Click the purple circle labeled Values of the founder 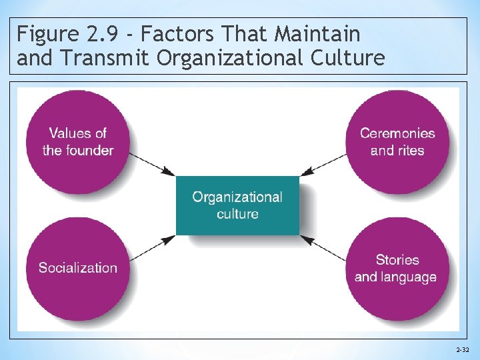click(x=77, y=141)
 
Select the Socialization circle click(x=77, y=268)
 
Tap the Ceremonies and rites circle click(x=397, y=141)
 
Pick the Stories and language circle click(x=397, y=268)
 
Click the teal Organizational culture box click(x=237, y=205)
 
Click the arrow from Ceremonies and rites click(x=323, y=164)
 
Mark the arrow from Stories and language click(x=323, y=247)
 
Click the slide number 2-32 click(x=461, y=349)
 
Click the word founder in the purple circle click(x=87, y=150)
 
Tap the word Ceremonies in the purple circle click(x=397, y=133)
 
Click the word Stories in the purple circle click(x=397, y=259)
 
